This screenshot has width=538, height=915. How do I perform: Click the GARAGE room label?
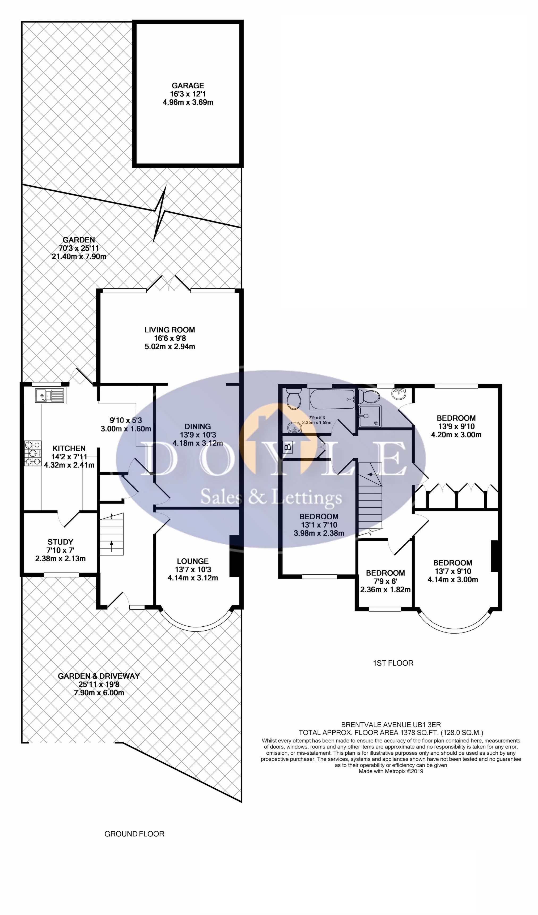pos(188,86)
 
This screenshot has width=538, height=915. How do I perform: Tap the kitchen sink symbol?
pos(50,395)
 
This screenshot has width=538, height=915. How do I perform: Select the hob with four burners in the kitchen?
pos(33,453)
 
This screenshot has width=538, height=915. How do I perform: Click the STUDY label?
pos(60,542)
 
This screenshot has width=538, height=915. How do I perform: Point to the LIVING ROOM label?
pos(170,330)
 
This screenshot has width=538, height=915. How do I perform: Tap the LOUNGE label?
pos(193,561)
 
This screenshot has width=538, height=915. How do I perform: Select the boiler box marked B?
pos(288,446)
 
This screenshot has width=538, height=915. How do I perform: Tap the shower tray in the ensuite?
pos(370,416)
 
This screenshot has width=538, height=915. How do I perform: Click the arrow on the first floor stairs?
pos(372,474)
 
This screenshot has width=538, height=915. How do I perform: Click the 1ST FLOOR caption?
pos(393,663)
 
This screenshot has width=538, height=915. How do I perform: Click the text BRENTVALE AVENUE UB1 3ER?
pos(391,725)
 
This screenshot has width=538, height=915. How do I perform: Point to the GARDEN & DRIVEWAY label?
pos(99,676)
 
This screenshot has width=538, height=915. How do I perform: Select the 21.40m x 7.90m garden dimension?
pos(79,256)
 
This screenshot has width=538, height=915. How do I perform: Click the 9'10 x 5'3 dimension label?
pos(126,420)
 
